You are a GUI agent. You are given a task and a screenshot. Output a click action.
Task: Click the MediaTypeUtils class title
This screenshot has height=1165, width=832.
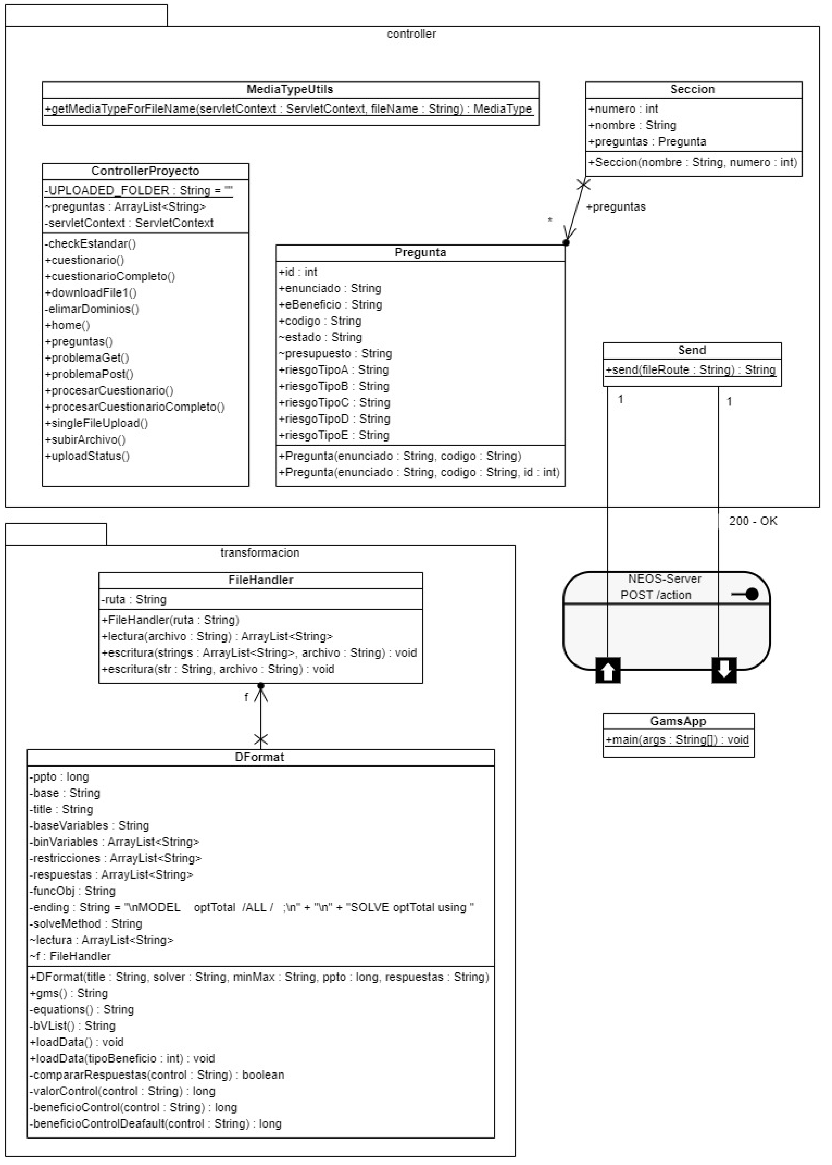[290, 89]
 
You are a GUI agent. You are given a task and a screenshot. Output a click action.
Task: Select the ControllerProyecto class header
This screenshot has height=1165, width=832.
[145, 171]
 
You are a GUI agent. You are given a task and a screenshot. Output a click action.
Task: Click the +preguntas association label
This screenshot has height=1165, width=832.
[616, 207]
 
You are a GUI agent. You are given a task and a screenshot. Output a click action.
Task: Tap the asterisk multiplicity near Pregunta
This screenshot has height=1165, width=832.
[550, 220]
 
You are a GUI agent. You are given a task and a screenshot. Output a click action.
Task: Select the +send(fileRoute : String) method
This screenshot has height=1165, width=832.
[691, 369]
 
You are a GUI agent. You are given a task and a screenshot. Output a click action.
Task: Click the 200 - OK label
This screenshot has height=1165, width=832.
[753, 521]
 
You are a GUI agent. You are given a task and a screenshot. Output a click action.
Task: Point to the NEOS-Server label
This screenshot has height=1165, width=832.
[664, 579]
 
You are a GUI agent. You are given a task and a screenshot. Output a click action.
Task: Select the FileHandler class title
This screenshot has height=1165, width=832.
[260, 580]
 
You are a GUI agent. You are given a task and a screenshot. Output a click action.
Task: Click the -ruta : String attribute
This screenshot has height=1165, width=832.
[134, 599]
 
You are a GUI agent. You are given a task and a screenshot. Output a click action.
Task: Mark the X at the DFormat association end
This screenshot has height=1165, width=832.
[261, 739]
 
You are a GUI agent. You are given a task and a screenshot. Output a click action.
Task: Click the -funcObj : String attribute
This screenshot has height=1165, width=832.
[72, 891]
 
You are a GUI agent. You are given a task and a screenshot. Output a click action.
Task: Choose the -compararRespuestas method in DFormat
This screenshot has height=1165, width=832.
[156, 1075]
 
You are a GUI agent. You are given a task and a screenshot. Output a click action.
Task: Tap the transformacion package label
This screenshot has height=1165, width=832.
[260, 552]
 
